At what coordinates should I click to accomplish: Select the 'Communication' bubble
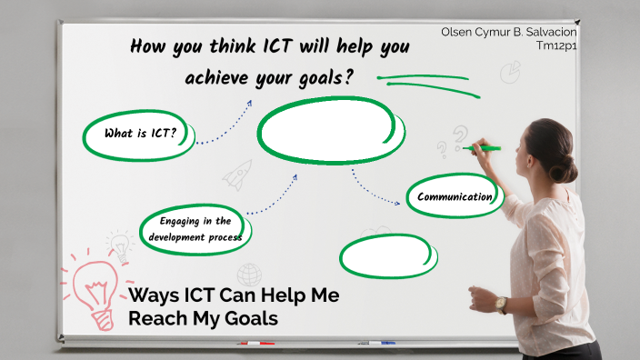point(455,196)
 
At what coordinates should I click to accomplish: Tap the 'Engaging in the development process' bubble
point(195,229)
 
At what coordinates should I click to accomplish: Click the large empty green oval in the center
point(327,130)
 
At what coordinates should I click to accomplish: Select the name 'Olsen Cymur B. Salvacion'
point(508,32)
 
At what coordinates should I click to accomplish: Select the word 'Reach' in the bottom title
point(155,319)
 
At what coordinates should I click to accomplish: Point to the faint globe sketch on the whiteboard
point(249,274)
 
